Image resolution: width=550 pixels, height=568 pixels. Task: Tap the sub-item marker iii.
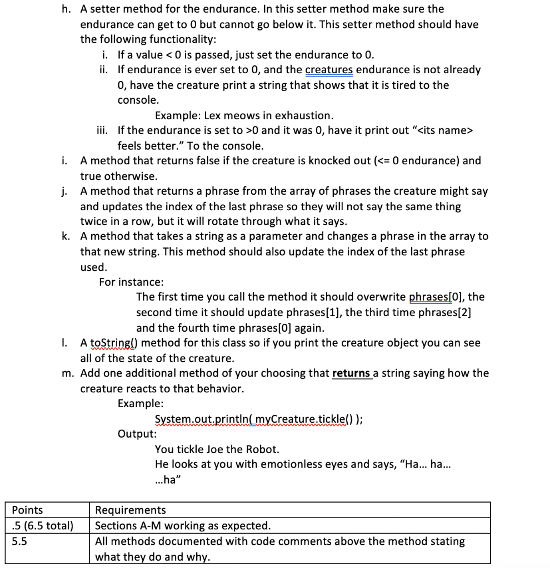(x=104, y=131)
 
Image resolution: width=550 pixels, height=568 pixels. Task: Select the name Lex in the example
(x=213, y=116)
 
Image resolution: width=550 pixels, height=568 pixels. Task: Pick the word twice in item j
(x=94, y=221)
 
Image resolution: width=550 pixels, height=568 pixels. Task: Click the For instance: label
(x=131, y=282)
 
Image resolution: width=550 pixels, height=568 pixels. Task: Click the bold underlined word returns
(x=351, y=373)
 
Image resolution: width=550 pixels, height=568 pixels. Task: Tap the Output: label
(x=137, y=434)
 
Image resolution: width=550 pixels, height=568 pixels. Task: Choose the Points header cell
(x=28, y=510)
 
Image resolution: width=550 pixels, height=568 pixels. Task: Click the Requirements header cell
(x=131, y=510)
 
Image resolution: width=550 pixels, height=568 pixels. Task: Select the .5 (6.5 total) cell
(x=43, y=525)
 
